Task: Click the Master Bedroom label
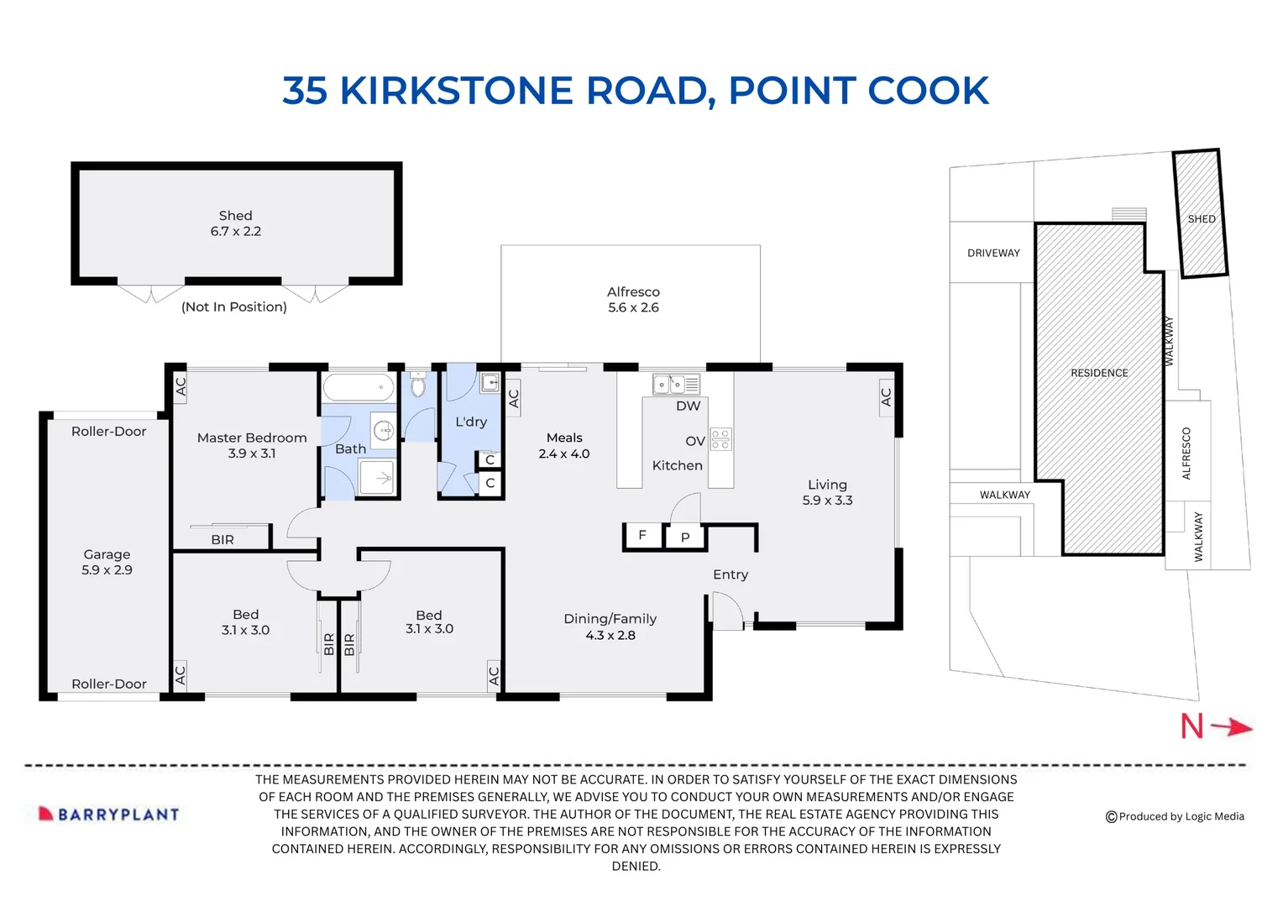(251, 438)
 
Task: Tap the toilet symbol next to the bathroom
(418, 384)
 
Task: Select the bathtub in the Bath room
(359, 387)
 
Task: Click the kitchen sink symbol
(676, 384)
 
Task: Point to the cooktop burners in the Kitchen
(720, 439)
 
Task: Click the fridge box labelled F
(642, 537)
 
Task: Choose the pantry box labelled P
(685, 537)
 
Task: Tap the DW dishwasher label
(688, 406)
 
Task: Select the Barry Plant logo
(109, 814)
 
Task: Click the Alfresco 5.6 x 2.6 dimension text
(633, 307)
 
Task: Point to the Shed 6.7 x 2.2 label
(235, 223)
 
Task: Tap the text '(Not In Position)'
(233, 307)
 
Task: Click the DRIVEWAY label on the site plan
(993, 253)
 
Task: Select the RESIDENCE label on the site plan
(1099, 372)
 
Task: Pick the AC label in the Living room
(886, 396)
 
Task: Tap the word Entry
(731, 574)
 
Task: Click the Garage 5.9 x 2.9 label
(107, 562)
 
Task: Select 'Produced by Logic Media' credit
(1175, 816)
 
